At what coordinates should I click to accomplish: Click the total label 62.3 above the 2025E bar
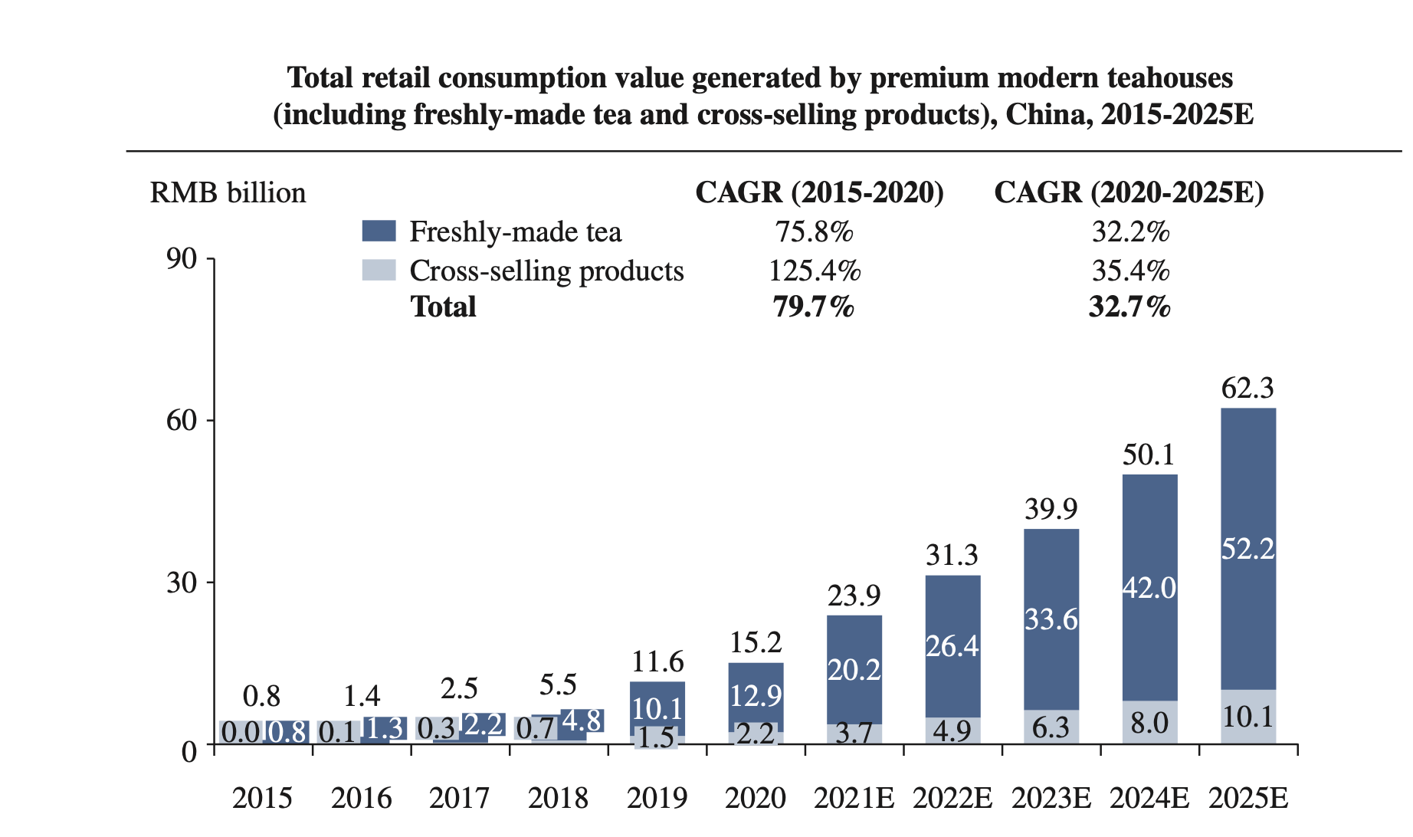click(x=1247, y=389)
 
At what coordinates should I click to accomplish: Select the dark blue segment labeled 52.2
click(x=1247, y=549)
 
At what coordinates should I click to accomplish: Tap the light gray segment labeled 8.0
click(x=1149, y=722)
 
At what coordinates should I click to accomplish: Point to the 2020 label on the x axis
click(x=756, y=799)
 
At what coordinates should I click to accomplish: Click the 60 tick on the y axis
click(x=182, y=421)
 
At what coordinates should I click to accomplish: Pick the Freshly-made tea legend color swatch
click(x=379, y=231)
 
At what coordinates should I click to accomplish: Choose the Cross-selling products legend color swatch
click(x=379, y=270)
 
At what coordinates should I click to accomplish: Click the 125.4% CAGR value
click(x=815, y=271)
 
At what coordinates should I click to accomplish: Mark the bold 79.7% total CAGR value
click(x=813, y=307)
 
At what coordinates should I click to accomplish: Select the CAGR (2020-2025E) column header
click(x=1129, y=192)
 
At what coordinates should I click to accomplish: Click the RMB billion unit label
click(x=228, y=192)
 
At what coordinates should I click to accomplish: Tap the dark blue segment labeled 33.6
click(x=1051, y=619)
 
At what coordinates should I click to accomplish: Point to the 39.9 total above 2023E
click(x=1051, y=509)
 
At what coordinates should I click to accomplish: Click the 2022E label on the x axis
click(x=952, y=799)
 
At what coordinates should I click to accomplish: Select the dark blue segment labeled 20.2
click(x=854, y=670)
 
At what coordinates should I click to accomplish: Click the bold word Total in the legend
click(x=443, y=307)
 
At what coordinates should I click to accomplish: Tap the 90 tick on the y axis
click(x=182, y=259)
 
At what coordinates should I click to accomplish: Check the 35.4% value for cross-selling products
click(x=1130, y=271)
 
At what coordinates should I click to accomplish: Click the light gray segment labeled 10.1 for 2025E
click(x=1247, y=717)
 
